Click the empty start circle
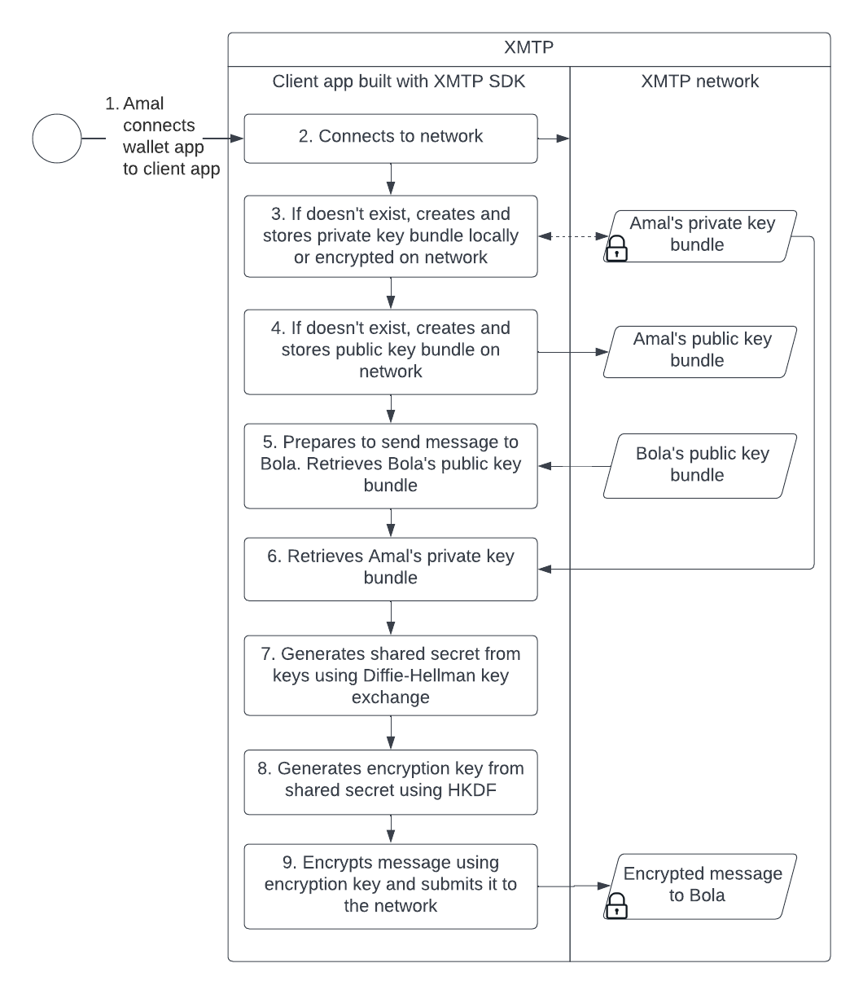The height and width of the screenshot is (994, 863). pos(57,139)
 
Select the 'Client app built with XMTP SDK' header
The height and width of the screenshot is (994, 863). pos(398,81)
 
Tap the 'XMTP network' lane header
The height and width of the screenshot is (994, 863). pos(699,81)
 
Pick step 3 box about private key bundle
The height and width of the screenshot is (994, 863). pos(391,236)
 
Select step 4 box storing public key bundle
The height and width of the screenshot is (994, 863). pos(391,350)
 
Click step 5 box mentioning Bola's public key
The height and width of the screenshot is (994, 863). pos(391,464)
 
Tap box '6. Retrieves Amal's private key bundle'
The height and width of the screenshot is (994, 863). pos(391,567)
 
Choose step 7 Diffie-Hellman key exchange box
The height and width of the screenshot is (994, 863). pos(391,676)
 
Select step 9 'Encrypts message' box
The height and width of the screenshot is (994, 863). pos(391,885)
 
